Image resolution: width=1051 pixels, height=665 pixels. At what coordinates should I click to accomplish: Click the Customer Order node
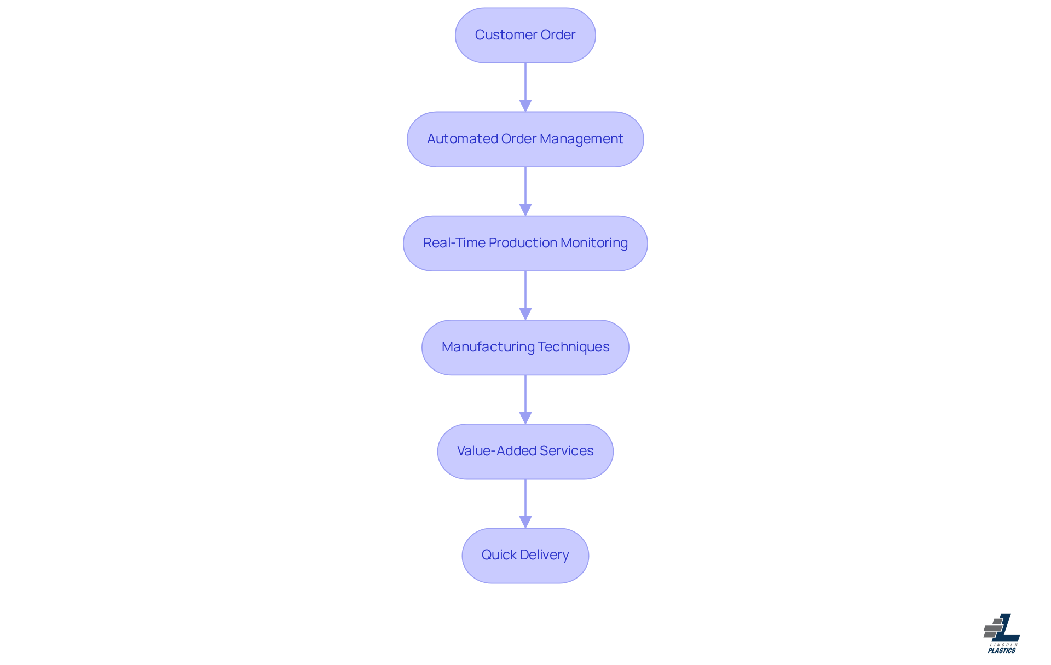[525, 35]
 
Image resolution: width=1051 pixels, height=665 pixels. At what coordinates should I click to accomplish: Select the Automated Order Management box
[525, 139]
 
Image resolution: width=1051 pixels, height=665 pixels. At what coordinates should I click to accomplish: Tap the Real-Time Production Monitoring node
[525, 243]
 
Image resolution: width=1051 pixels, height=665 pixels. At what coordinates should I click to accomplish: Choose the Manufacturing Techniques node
[525, 347]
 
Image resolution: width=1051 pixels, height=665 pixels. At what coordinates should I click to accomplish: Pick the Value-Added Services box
[525, 451]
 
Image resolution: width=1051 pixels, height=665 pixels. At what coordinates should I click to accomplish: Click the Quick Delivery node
[525, 555]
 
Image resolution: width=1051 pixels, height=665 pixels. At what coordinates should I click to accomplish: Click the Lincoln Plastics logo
[1001, 633]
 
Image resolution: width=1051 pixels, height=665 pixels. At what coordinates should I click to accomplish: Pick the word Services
[567, 451]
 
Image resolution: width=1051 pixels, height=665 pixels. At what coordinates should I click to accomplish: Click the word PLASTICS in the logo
[1001, 650]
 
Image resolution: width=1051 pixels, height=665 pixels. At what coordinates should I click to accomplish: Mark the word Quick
[499, 555]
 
